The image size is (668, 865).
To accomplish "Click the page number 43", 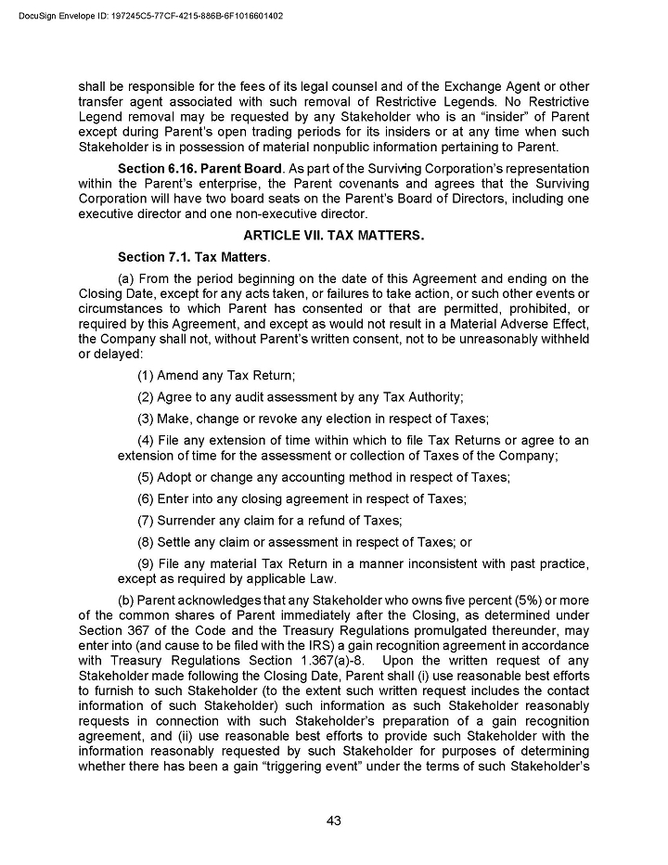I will pos(334,820).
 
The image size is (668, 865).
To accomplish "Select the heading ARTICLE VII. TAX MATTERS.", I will pos(334,236).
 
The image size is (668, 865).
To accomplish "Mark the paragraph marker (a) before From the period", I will pos(127,278).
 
